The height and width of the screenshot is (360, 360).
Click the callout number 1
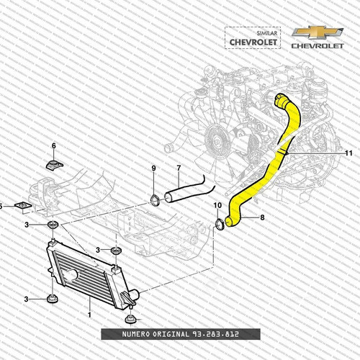tap(89, 315)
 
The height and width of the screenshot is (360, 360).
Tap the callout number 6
tap(53, 146)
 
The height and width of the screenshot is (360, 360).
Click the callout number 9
tap(153, 168)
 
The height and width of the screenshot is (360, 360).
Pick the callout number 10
tap(217, 206)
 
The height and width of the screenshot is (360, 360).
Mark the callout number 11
tap(348, 153)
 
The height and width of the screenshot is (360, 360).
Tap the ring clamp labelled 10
tap(218, 228)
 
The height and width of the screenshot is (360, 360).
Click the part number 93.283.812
tap(214, 336)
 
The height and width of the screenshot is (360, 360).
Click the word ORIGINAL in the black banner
tap(164, 336)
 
